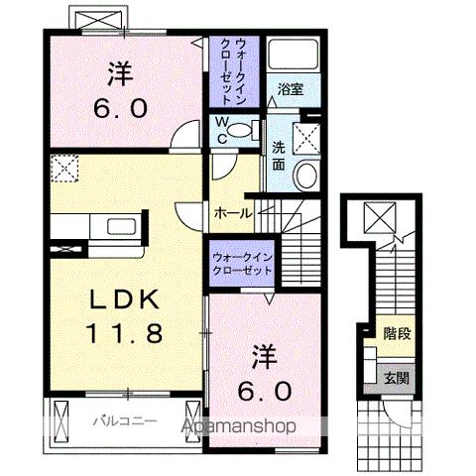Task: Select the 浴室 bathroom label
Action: click(291, 87)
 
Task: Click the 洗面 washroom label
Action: click(280, 157)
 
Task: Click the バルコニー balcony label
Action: click(125, 420)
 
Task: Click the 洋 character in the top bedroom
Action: click(119, 72)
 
